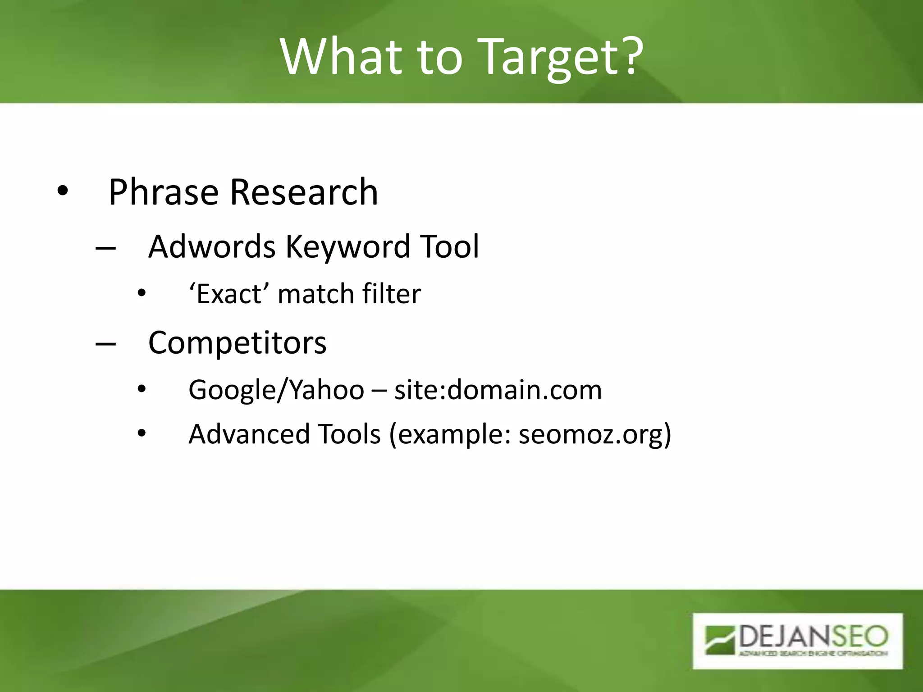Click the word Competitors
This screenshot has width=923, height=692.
pyautogui.click(x=237, y=343)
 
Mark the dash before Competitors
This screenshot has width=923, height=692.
pyautogui.click(x=105, y=344)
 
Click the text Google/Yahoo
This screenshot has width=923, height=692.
pyautogui.click(x=276, y=390)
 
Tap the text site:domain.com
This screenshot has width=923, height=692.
pyautogui.click(x=498, y=390)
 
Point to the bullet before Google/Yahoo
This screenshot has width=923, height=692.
pyautogui.click(x=142, y=389)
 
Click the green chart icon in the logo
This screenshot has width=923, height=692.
pyautogui.click(x=720, y=639)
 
